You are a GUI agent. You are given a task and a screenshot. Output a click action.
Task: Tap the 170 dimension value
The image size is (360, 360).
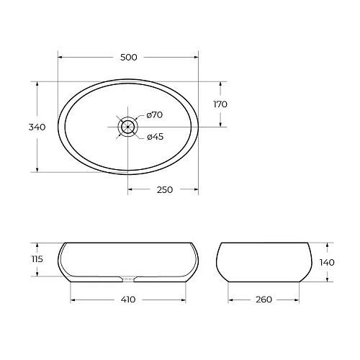click(220, 104)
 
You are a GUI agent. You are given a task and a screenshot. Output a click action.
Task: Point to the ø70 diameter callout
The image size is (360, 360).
click(155, 115)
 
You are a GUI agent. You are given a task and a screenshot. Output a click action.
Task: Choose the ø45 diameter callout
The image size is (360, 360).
click(155, 138)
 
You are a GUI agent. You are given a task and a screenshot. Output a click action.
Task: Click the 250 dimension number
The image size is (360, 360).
click(163, 190)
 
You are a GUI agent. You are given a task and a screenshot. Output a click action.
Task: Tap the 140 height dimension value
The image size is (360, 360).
click(326, 262)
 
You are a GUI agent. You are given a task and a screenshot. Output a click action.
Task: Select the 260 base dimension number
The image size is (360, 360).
click(264, 300)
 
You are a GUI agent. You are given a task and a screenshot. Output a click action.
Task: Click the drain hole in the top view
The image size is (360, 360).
click(127, 127)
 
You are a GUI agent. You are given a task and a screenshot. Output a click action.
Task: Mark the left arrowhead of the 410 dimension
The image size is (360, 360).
click(73, 300)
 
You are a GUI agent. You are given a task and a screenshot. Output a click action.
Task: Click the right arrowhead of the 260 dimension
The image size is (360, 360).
click(298, 300)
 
